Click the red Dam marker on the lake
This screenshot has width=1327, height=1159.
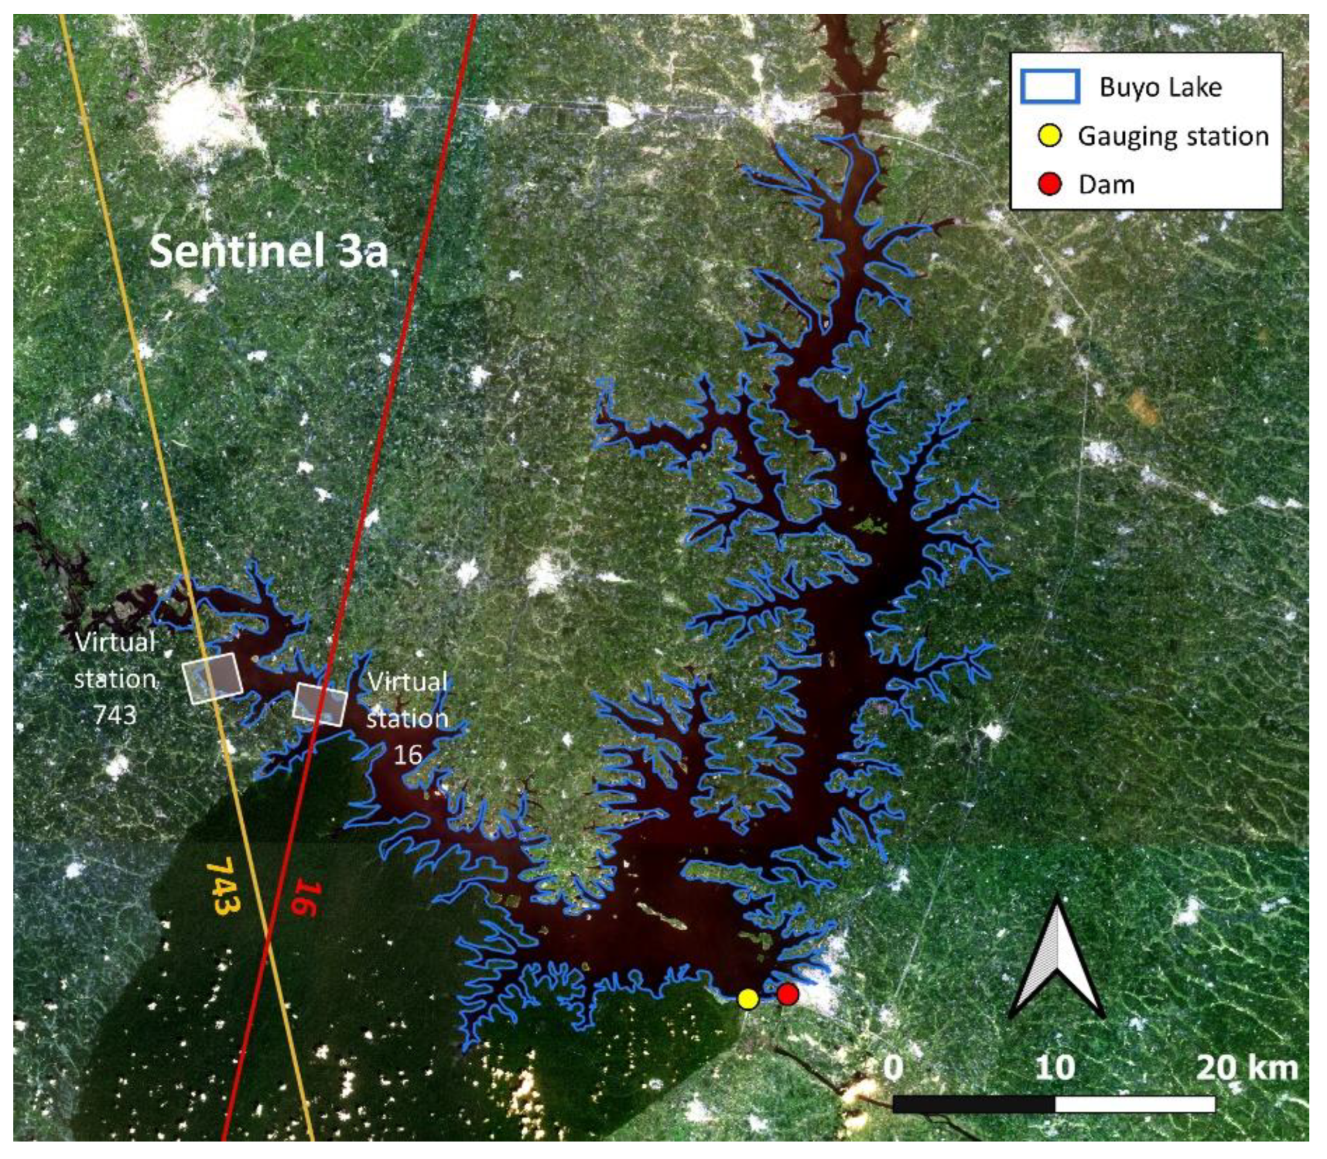(x=787, y=994)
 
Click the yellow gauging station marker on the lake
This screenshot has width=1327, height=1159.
(x=747, y=998)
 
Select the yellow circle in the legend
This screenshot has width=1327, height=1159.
(x=1050, y=136)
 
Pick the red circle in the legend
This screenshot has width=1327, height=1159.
(x=1050, y=184)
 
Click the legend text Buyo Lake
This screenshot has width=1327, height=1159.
(x=1160, y=88)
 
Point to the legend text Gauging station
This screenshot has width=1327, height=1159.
(x=1173, y=136)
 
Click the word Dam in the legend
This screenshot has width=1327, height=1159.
(x=1106, y=185)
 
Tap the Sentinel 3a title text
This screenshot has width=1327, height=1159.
(x=269, y=252)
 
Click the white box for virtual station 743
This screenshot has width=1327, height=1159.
(x=212, y=677)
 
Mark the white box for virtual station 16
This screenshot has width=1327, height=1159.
(x=320, y=704)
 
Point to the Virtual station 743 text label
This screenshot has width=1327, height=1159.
(x=115, y=678)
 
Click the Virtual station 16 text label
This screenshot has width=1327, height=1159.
(x=408, y=718)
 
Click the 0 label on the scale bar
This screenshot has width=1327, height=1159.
(x=892, y=1068)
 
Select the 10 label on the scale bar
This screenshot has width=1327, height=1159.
(x=1055, y=1068)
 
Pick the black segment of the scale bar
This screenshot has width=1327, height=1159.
(x=973, y=1104)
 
